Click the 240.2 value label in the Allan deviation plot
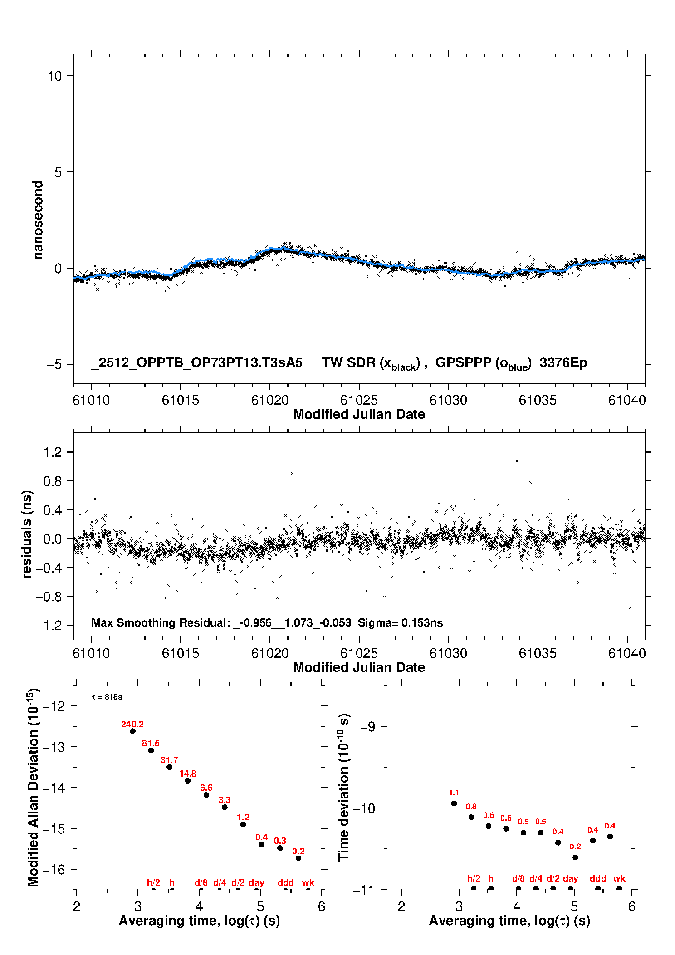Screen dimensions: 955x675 [132, 724]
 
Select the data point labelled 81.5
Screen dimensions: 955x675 [151, 750]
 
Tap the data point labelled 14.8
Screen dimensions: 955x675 [188, 780]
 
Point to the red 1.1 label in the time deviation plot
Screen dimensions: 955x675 [454, 793]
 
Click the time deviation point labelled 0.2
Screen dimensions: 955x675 [575, 857]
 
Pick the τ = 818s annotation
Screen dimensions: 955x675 [107, 697]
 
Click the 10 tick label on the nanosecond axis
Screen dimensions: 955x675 [54, 76]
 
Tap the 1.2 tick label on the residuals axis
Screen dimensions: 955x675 [52, 452]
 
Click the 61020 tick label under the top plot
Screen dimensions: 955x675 [270, 400]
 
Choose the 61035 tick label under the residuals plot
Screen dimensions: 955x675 [538, 653]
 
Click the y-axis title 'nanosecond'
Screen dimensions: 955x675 [38, 220]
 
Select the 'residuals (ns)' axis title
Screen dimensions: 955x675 [27, 534]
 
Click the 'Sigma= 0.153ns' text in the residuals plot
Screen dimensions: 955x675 [400, 622]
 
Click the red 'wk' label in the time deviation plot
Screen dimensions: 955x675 [619, 878]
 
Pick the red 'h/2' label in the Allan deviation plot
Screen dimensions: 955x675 [153, 882]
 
